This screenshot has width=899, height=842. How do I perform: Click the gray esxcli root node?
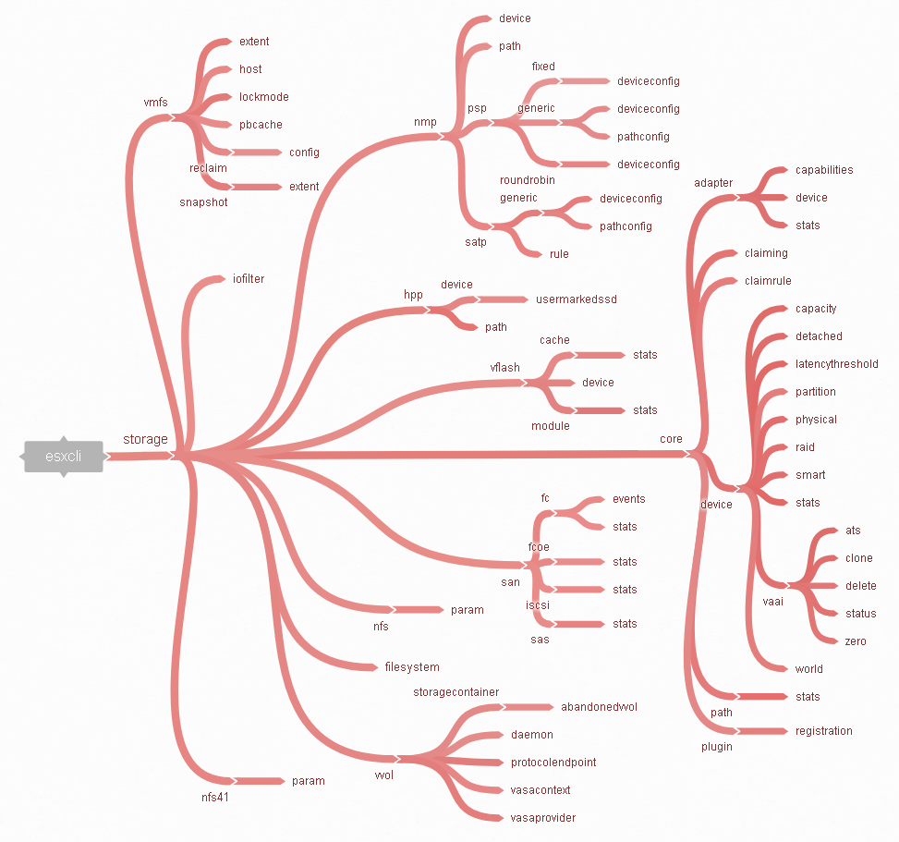tap(64, 457)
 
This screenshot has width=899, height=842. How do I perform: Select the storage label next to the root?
tap(146, 439)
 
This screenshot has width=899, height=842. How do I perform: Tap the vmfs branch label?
tap(155, 102)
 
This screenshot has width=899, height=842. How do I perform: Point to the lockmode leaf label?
tap(263, 97)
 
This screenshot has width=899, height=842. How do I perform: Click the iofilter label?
tap(249, 279)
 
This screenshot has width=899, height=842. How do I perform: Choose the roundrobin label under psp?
tap(527, 180)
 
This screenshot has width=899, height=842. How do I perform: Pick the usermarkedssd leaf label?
tap(577, 299)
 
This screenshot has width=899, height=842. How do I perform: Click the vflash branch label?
tap(504, 368)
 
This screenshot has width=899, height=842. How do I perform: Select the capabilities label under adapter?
tap(824, 170)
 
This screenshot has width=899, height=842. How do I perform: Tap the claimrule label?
tap(768, 280)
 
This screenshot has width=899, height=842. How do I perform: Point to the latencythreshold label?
tap(836, 364)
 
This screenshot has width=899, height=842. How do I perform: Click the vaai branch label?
tap(772, 602)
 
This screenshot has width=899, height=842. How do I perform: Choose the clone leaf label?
tap(859, 558)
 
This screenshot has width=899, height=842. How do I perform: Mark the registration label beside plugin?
tap(823, 731)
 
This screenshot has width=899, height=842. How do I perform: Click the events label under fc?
tap(628, 499)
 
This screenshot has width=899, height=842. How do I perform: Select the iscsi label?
tap(537, 605)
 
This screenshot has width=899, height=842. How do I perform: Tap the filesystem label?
tap(412, 667)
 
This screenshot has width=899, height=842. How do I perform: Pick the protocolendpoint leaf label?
tap(553, 763)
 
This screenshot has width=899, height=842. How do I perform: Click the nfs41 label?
tap(215, 798)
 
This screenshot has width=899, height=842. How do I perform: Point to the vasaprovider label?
tap(543, 818)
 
